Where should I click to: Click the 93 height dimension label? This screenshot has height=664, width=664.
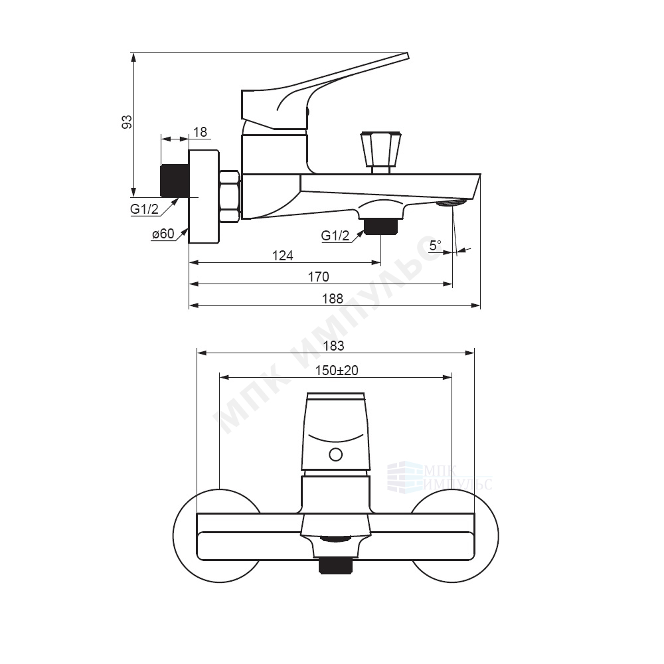pyautogui.click(x=127, y=122)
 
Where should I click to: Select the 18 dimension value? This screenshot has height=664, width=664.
pyautogui.click(x=200, y=132)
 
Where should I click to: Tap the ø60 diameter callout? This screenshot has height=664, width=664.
pyautogui.click(x=163, y=233)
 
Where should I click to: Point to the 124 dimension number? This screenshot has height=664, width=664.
pyautogui.click(x=282, y=256)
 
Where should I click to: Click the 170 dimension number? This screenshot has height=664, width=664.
pyautogui.click(x=318, y=277)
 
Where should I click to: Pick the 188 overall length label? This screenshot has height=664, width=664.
pyautogui.click(x=333, y=299)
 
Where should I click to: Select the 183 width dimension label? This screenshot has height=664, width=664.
pyautogui.click(x=334, y=346)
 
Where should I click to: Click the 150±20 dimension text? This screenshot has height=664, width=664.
pyautogui.click(x=337, y=371)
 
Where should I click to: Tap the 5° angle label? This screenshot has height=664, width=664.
pyautogui.click(x=436, y=245)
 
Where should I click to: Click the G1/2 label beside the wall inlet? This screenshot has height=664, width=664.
pyautogui.click(x=144, y=208)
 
